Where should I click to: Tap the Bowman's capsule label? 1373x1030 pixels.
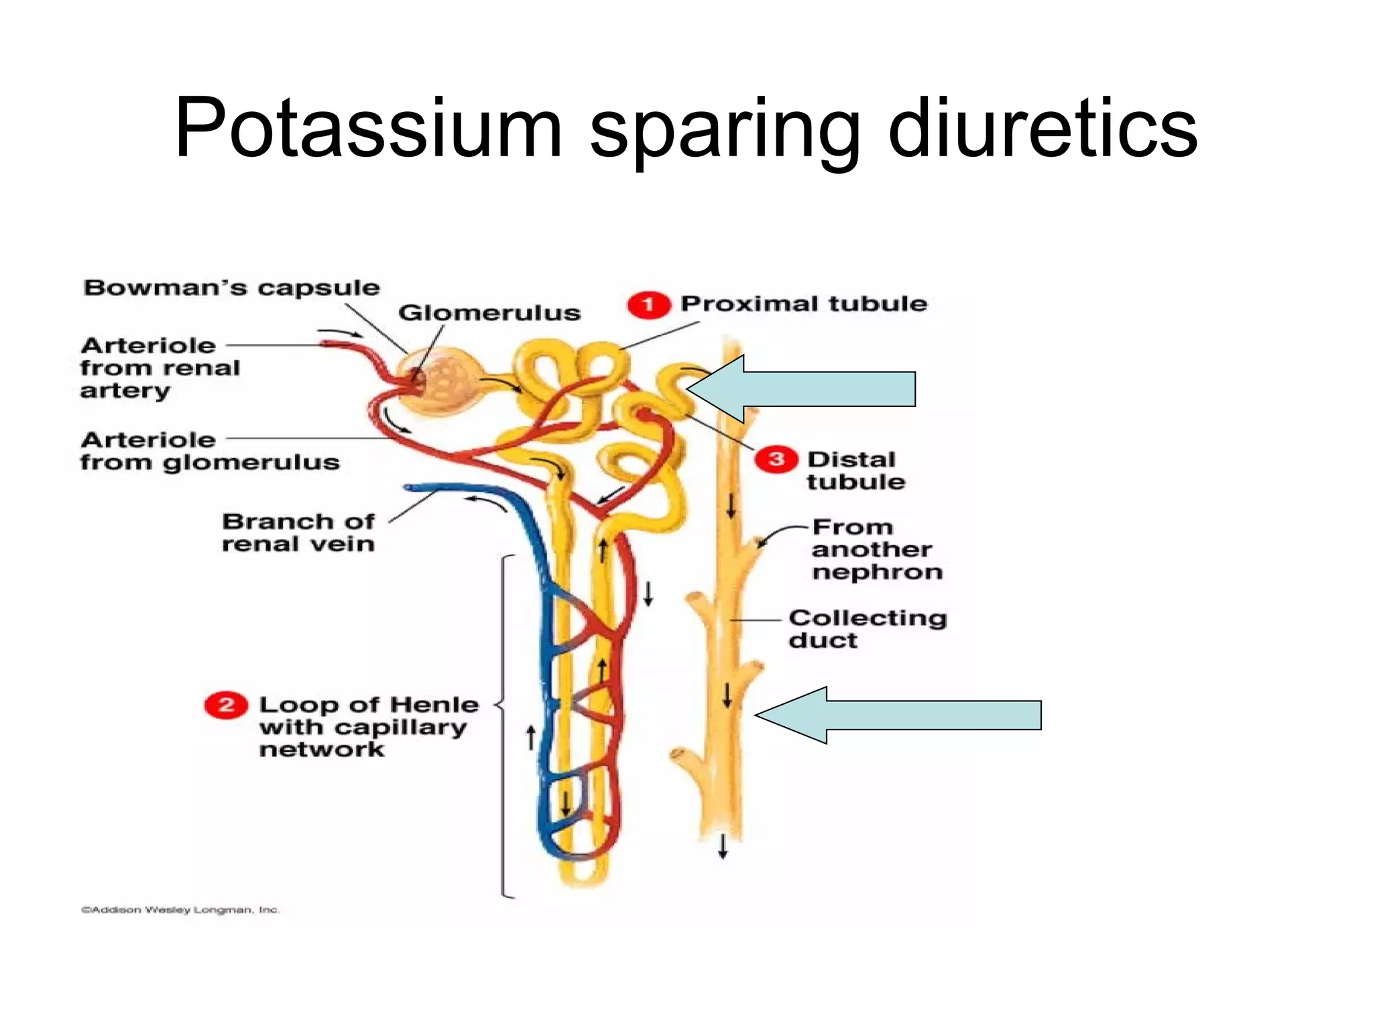click(231, 288)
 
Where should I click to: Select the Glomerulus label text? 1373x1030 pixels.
click(489, 313)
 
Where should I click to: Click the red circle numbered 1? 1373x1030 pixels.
click(648, 305)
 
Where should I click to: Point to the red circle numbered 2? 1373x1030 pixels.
click(226, 705)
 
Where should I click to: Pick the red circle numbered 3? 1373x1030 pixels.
click(776, 459)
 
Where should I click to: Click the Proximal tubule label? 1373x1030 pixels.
click(804, 304)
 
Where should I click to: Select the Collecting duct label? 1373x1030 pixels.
click(867, 628)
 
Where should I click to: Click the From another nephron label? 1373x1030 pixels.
click(876, 549)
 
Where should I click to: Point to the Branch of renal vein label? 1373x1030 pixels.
click(298, 532)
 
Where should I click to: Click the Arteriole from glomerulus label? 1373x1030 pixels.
click(209, 451)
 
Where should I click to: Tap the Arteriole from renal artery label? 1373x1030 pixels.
click(160, 367)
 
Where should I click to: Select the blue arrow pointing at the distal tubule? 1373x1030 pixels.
click(804, 389)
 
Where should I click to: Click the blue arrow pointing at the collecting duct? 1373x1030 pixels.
click(898, 715)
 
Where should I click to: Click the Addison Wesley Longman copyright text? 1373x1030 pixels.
click(180, 910)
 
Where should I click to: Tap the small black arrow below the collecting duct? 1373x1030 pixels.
click(723, 846)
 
